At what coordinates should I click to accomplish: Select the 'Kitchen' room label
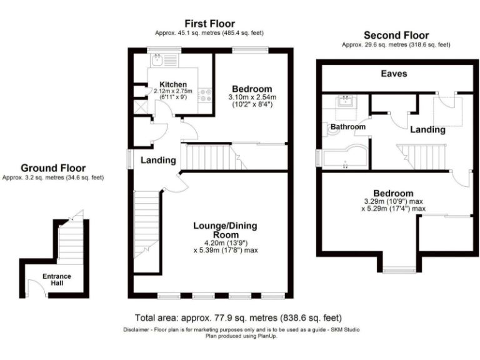click(172, 84)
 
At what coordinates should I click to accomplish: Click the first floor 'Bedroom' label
click(252, 88)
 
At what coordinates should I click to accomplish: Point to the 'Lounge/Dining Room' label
click(226, 229)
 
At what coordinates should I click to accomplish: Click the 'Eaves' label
click(394, 74)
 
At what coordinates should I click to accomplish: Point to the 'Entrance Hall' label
click(57, 279)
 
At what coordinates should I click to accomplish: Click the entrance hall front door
click(36, 288)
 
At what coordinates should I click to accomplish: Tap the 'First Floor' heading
click(209, 24)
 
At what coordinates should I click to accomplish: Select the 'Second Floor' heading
click(396, 36)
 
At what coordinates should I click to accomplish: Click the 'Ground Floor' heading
click(53, 168)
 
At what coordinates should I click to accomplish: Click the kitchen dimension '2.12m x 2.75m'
click(174, 92)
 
